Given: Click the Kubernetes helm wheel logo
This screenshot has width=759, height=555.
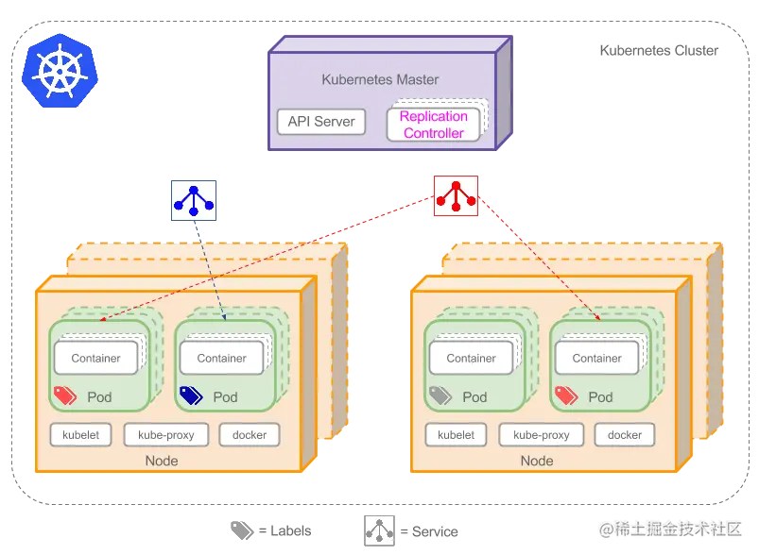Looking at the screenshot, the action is [60, 71].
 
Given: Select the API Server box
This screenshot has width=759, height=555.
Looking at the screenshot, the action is [321, 122].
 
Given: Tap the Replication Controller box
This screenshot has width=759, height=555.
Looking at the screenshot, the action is [433, 125].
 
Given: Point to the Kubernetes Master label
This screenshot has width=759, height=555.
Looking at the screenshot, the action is [380, 79].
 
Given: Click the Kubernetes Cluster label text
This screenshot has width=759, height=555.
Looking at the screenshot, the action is [659, 50].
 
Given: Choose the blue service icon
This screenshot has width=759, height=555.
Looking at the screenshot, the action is [194, 201].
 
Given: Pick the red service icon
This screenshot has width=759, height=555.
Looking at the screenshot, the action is [456, 195].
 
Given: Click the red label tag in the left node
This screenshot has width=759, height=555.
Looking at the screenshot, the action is [65, 395].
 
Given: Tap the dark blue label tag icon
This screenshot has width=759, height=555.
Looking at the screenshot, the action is [191, 395].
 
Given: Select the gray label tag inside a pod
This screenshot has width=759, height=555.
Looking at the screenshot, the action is [440, 395].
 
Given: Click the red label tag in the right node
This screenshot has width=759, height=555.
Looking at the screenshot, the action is [566, 395].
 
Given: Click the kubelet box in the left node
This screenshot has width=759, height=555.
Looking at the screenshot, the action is [81, 434].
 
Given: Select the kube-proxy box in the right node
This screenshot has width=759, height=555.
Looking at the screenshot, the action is [542, 434].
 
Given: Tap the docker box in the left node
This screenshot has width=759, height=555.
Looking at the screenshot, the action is [250, 434].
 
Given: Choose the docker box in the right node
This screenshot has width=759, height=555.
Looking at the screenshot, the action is [625, 434].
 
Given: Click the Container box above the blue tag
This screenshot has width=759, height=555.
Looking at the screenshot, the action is [222, 358].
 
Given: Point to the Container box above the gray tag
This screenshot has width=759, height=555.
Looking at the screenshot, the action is [471, 358].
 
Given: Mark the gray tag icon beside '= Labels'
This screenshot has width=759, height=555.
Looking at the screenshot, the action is [242, 530].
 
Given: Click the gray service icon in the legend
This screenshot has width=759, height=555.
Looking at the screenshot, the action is [379, 530].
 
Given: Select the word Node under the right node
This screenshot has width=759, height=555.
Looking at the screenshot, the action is [537, 461].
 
